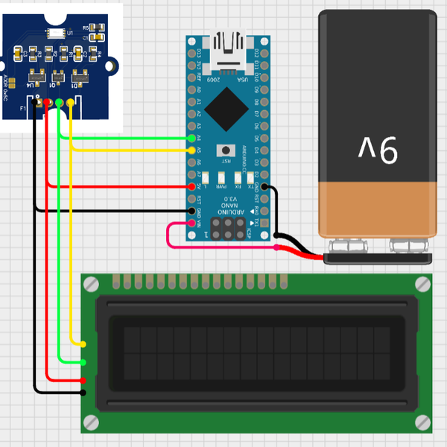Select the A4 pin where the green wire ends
(192, 139)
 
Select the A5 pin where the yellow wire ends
(192, 150)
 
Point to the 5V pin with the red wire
(192, 186)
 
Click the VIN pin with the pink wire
(192, 223)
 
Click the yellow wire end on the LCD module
(83, 343)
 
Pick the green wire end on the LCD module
(83, 362)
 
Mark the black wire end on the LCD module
(83, 392)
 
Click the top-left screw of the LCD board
(91, 284)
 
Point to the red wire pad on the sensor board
(48, 101)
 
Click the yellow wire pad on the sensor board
(70, 101)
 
